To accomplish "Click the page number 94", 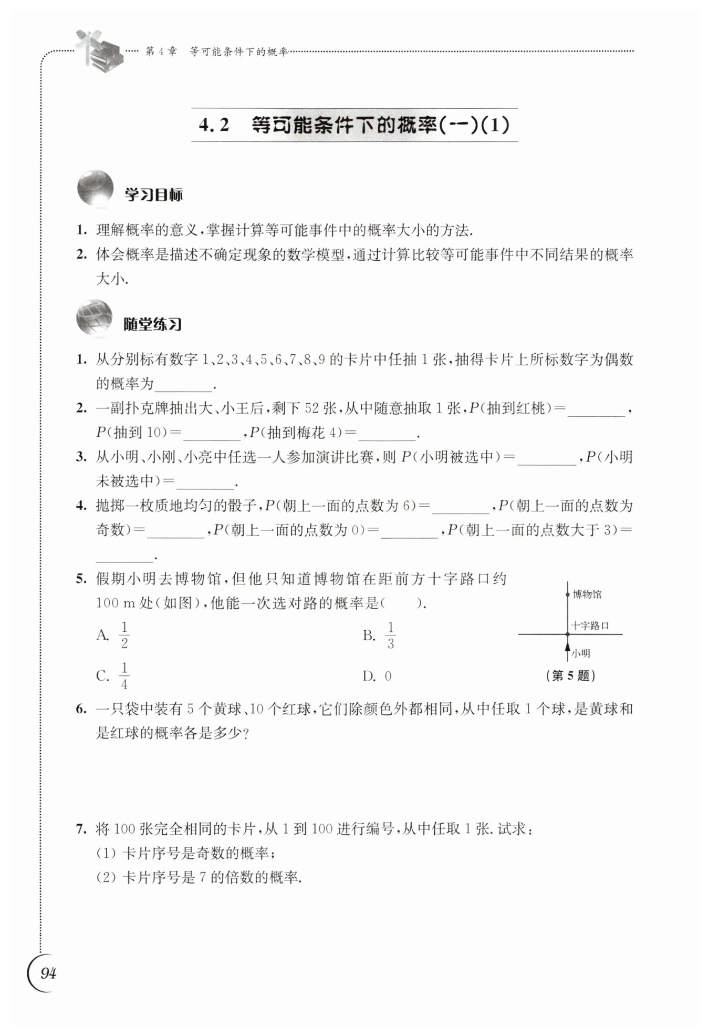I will [48, 973].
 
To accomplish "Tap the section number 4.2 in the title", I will [215, 125].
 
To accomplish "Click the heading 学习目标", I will [153, 196].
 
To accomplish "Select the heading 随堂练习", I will [152, 324].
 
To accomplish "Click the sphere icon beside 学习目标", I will [95, 188].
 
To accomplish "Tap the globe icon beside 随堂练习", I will [95, 317].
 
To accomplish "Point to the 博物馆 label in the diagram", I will [587, 594].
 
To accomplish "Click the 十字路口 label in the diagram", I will [590, 625].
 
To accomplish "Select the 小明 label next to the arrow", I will [581, 653].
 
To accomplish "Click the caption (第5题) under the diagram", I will [571, 676].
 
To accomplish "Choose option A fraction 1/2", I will [124, 635].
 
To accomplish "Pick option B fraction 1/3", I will [390, 635].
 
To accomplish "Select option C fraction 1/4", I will [124, 676].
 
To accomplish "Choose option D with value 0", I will [388, 676].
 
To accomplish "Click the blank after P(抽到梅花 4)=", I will [387, 434].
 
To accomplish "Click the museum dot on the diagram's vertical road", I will [567, 594].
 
